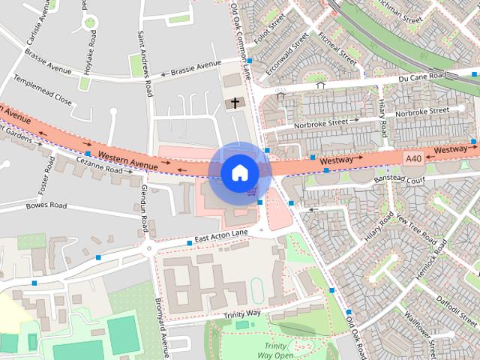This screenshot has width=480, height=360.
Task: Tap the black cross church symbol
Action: tap(234, 103)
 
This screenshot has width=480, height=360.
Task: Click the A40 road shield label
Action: tap(413, 158)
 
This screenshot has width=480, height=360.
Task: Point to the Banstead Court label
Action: tap(399, 179)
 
